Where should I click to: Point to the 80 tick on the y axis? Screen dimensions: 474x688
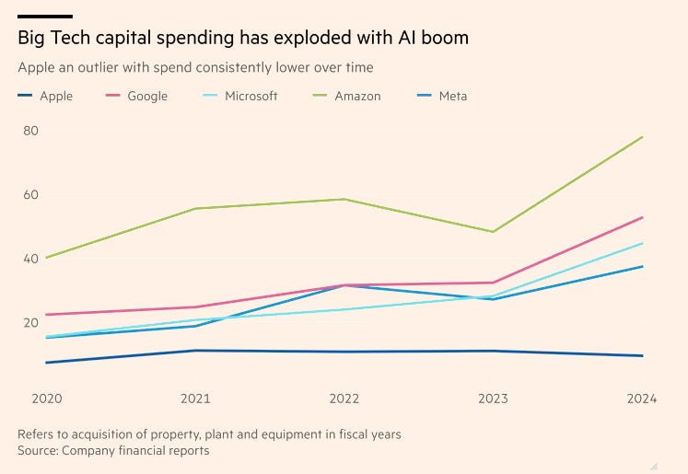31,131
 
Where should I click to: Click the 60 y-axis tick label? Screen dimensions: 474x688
31,195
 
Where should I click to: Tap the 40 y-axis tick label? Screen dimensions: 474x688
31,259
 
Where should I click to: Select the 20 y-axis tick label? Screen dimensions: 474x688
31,322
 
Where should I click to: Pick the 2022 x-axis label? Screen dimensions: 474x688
344,399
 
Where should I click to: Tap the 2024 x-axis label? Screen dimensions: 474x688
642,399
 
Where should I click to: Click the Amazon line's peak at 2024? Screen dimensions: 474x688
642,137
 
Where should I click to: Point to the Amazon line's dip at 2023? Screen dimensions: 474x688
493,231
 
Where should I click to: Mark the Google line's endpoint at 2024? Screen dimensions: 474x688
642,217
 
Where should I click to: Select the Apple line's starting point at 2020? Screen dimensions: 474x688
46,363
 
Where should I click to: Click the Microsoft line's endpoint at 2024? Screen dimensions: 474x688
642,243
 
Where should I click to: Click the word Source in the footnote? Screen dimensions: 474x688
40,451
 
